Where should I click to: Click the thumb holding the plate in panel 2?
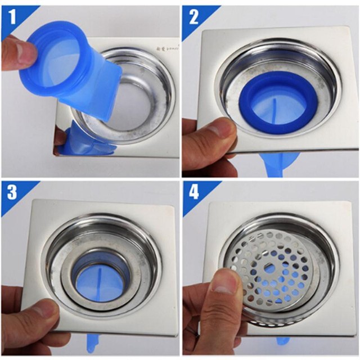pos(211,135)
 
